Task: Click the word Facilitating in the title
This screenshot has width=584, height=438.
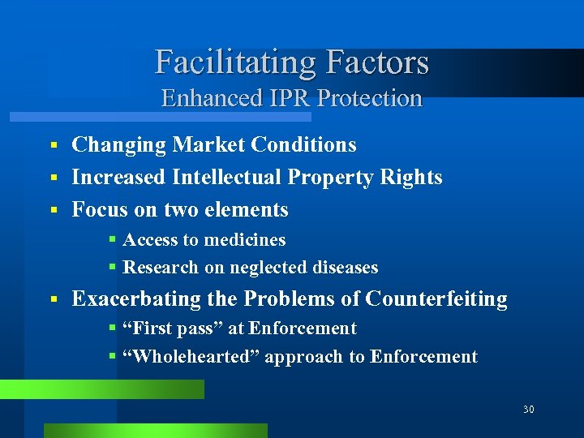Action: click(x=236, y=62)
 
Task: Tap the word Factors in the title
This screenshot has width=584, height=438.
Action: click(x=377, y=62)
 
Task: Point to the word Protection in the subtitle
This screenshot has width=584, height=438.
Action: click(x=370, y=98)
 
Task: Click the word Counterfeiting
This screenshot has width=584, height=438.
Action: click(x=436, y=298)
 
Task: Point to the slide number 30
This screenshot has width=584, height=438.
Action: click(x=529, y=410)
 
